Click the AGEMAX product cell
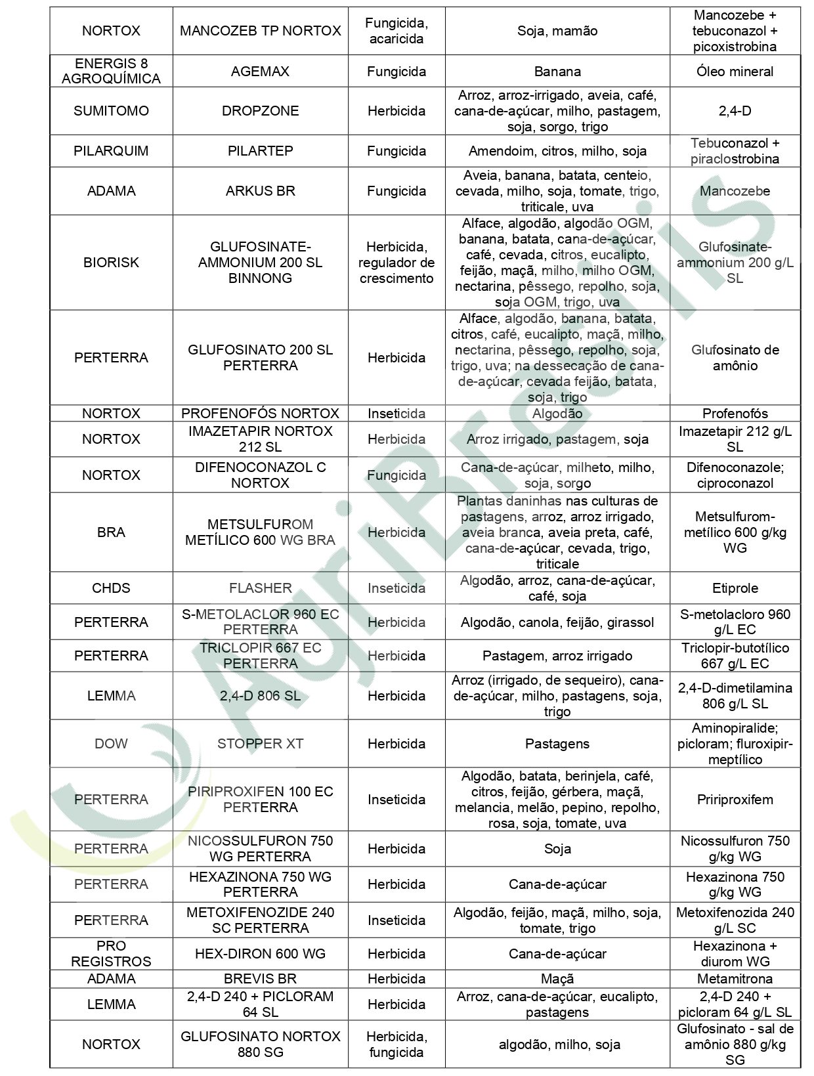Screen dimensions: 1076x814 coord(260,72)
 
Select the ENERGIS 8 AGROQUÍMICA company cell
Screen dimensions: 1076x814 coord(111,71)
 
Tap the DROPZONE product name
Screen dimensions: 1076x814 coord(260,111)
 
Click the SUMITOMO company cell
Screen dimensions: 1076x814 coord(111,111)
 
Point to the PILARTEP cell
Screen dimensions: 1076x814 coord(260,151)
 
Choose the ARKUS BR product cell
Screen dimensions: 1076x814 coord(260,191)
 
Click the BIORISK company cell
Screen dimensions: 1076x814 coord(111,263)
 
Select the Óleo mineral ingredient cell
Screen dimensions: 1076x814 coord(735,72)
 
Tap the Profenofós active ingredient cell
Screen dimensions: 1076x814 coord(735,414)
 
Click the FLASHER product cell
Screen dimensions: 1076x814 coord(260,588)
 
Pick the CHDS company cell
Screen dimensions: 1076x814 coord(111,588)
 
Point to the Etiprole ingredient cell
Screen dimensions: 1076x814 coord(735,588)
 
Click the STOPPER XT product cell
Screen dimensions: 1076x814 coord(260,744)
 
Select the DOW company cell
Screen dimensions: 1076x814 coord(111,744)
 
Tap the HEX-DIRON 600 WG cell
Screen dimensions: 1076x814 coord(260,954)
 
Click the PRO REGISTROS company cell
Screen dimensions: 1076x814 coord(111,954)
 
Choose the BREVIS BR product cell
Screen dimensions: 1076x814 coord(260,979)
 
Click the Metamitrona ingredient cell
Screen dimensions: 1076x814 coord(735,979)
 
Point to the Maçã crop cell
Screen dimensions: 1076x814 coord(557,979)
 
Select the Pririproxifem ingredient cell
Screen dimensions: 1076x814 coord(735,800)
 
